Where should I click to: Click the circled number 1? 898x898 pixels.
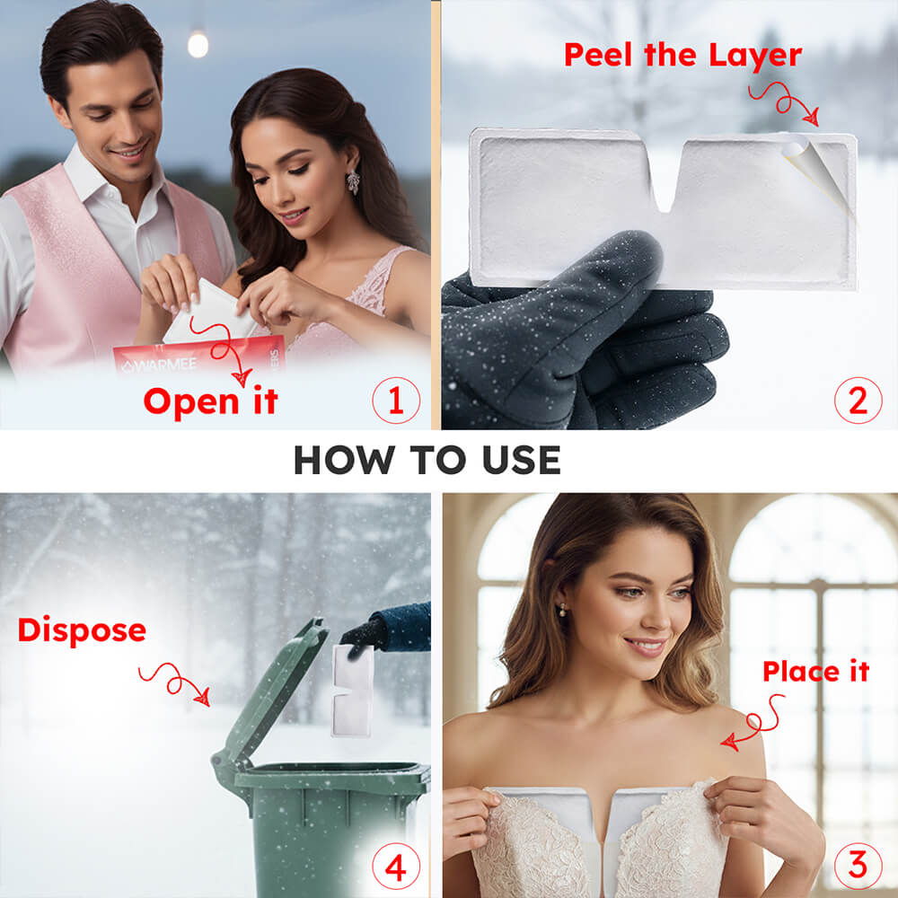396,401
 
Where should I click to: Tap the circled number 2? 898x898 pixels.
858,401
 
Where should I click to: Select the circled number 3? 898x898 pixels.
858,866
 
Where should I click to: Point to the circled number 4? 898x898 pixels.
396,867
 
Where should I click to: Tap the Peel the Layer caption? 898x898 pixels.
682,56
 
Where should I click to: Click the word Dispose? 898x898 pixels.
82,631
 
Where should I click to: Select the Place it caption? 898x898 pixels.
815,671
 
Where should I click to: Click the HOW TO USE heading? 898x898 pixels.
427,460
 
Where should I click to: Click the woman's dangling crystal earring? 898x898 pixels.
353,182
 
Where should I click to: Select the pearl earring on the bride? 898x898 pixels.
564,611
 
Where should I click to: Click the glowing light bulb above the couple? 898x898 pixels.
198,44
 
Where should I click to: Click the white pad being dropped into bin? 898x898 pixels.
352,691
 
